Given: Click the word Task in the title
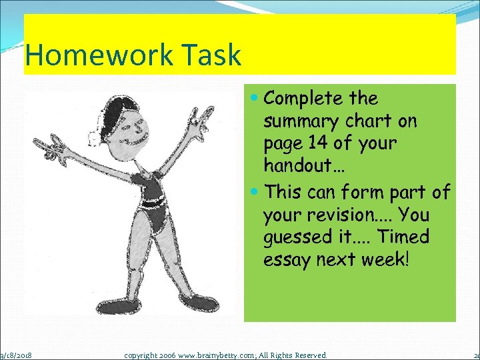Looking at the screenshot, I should (x=213, y=55).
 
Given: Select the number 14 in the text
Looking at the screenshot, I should (x=319, y=143).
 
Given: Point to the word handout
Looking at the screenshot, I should (x=296, y=165).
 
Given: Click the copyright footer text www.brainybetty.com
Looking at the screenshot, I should (x=201, y=355).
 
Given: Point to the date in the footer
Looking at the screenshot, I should (x=19, y=355).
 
